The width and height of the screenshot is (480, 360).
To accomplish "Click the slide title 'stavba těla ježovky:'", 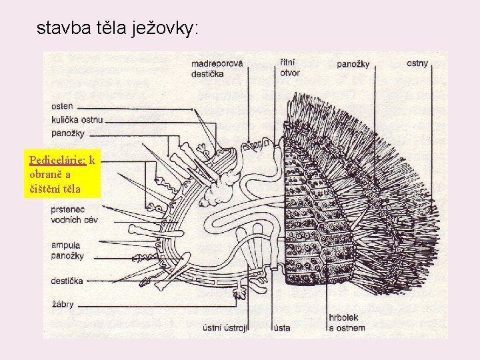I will click(x=117, y=28).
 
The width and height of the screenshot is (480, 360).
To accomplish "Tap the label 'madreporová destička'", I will click(x=216, y=68).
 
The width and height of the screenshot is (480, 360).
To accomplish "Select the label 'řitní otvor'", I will click(x=290, y=67).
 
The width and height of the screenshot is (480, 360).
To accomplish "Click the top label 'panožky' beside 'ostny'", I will click(x=353, y=64).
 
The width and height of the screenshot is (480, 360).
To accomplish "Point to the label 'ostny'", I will click(x=417, y=63).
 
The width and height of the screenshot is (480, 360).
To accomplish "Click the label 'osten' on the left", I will click(x=62, y=106).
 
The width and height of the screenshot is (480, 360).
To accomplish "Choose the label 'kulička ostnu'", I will click(x=77, y=119).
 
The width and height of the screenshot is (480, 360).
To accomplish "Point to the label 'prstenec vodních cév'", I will click(x=74, y=215).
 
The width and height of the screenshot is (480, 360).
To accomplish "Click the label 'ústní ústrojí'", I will click(x=225, y=327).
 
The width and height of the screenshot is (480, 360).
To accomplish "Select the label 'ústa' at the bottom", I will click(x=281, y=327).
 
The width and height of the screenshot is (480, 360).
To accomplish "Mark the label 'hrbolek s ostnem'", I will click(x=346, y=323).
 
